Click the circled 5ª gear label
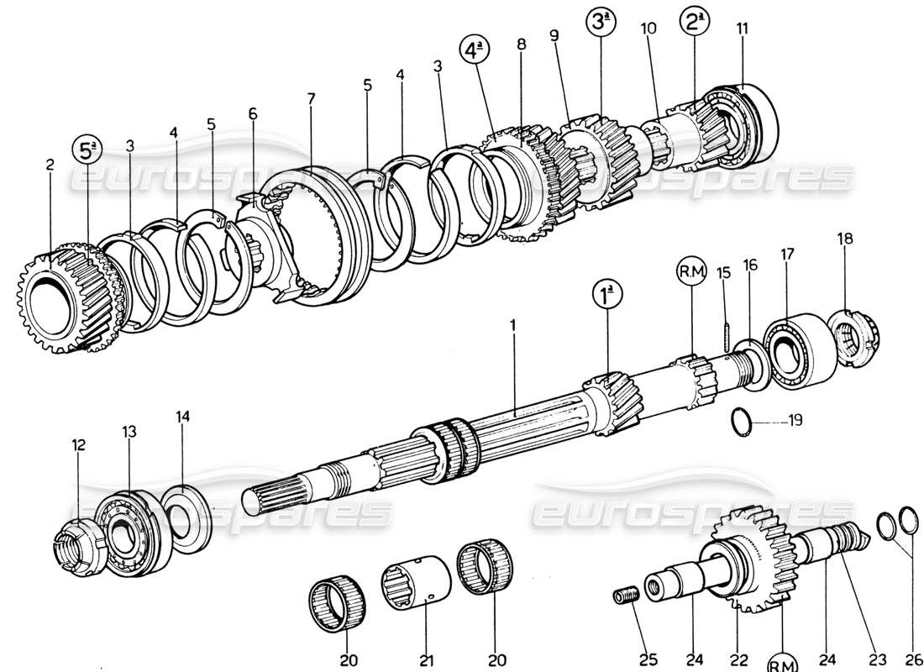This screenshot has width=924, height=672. pyautogui.click(x=88, y=151)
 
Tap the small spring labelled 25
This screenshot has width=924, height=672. pyautogui.click(x=626, y=596)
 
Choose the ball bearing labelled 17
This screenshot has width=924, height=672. pyautogui.click(x=798, y=349)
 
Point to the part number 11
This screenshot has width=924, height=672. pyautogui.click(x=742, y=29)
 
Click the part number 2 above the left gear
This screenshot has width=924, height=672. pyautogui.click(x=50, y=165)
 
